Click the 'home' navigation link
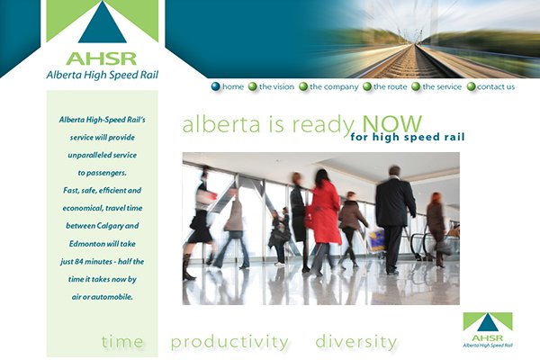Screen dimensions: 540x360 (x=233, y=86)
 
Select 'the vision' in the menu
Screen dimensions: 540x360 (x=276, y=86)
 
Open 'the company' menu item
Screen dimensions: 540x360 (x=334, y=86)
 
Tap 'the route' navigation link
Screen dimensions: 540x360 (x=390, y=86)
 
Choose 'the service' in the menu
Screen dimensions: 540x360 (x=442, y=86)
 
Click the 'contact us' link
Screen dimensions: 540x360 (x=496, y=86)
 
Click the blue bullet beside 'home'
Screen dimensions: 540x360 (x=216, y=86)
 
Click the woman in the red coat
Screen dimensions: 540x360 (x=325, y=220)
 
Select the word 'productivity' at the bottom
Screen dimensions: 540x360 (x=229, y=342)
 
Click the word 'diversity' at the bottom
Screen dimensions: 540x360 (x=355, y=342)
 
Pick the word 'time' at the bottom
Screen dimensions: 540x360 (x=122, y=342)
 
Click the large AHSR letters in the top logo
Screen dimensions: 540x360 (x=101, y=58)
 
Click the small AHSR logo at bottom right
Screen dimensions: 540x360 (x=488, y=329)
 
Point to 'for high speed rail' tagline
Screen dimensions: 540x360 (x=408, y=137)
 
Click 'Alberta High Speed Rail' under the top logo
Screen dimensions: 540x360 (x=103, y=75)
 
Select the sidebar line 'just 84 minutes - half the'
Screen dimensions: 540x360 (x=103, y=262)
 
